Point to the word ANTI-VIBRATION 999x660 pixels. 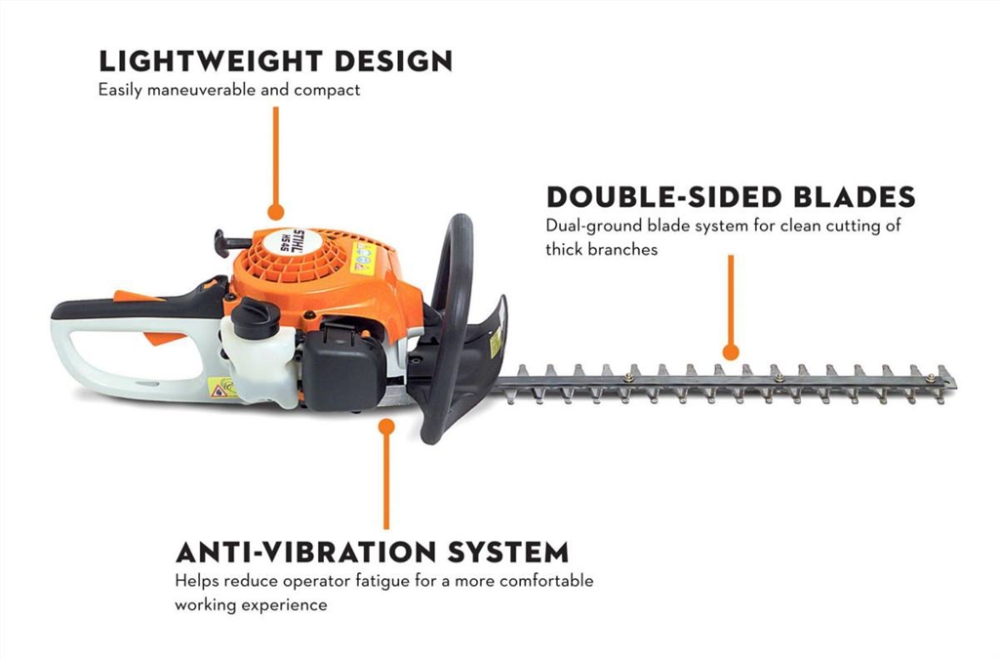coord(309,552)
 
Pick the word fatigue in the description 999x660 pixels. coord(368,581)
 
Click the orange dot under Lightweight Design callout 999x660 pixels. coord(275,211)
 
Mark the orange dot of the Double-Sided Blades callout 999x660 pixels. coord(730,352)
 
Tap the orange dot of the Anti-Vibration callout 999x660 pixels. coord(386,427)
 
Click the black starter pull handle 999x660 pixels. coord(231,239)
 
